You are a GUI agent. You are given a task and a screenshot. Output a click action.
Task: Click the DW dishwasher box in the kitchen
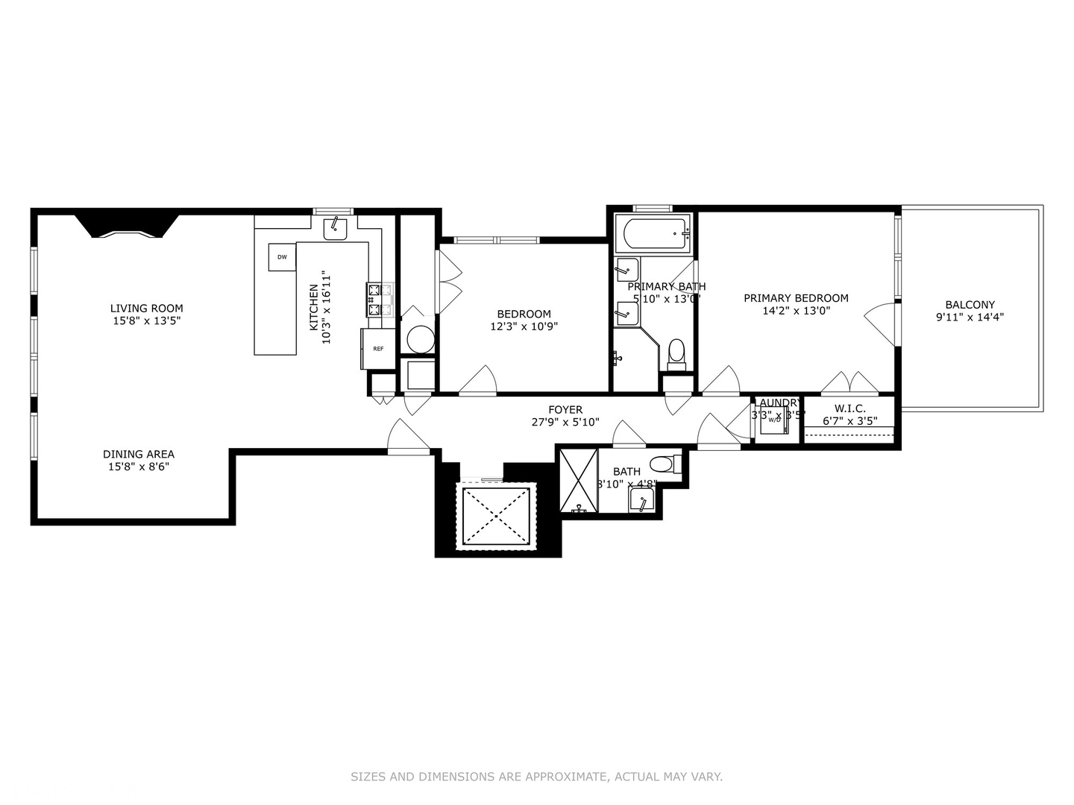point(282,257)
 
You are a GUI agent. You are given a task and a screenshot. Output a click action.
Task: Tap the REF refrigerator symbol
point(378,348)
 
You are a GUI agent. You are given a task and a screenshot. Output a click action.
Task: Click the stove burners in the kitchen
point(380,300)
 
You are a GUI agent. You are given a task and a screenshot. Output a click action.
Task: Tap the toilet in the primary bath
point(676,353)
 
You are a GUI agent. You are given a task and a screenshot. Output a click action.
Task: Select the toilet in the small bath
point(662,464)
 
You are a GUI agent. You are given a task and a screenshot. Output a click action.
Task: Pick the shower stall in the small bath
point(578,480)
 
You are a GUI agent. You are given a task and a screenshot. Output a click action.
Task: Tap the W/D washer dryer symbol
point(774,420)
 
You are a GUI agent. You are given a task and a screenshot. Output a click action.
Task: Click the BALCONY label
point(970,304)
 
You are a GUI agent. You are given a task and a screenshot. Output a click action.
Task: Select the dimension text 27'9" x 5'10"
point(565,422)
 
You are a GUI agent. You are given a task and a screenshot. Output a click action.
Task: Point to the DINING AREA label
point(139,454)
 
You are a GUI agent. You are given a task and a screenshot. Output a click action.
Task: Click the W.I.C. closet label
point(850,408)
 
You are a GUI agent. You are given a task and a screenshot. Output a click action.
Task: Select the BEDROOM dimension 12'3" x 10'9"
point(524,326)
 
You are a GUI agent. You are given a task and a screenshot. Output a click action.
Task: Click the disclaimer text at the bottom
point(536,777)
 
